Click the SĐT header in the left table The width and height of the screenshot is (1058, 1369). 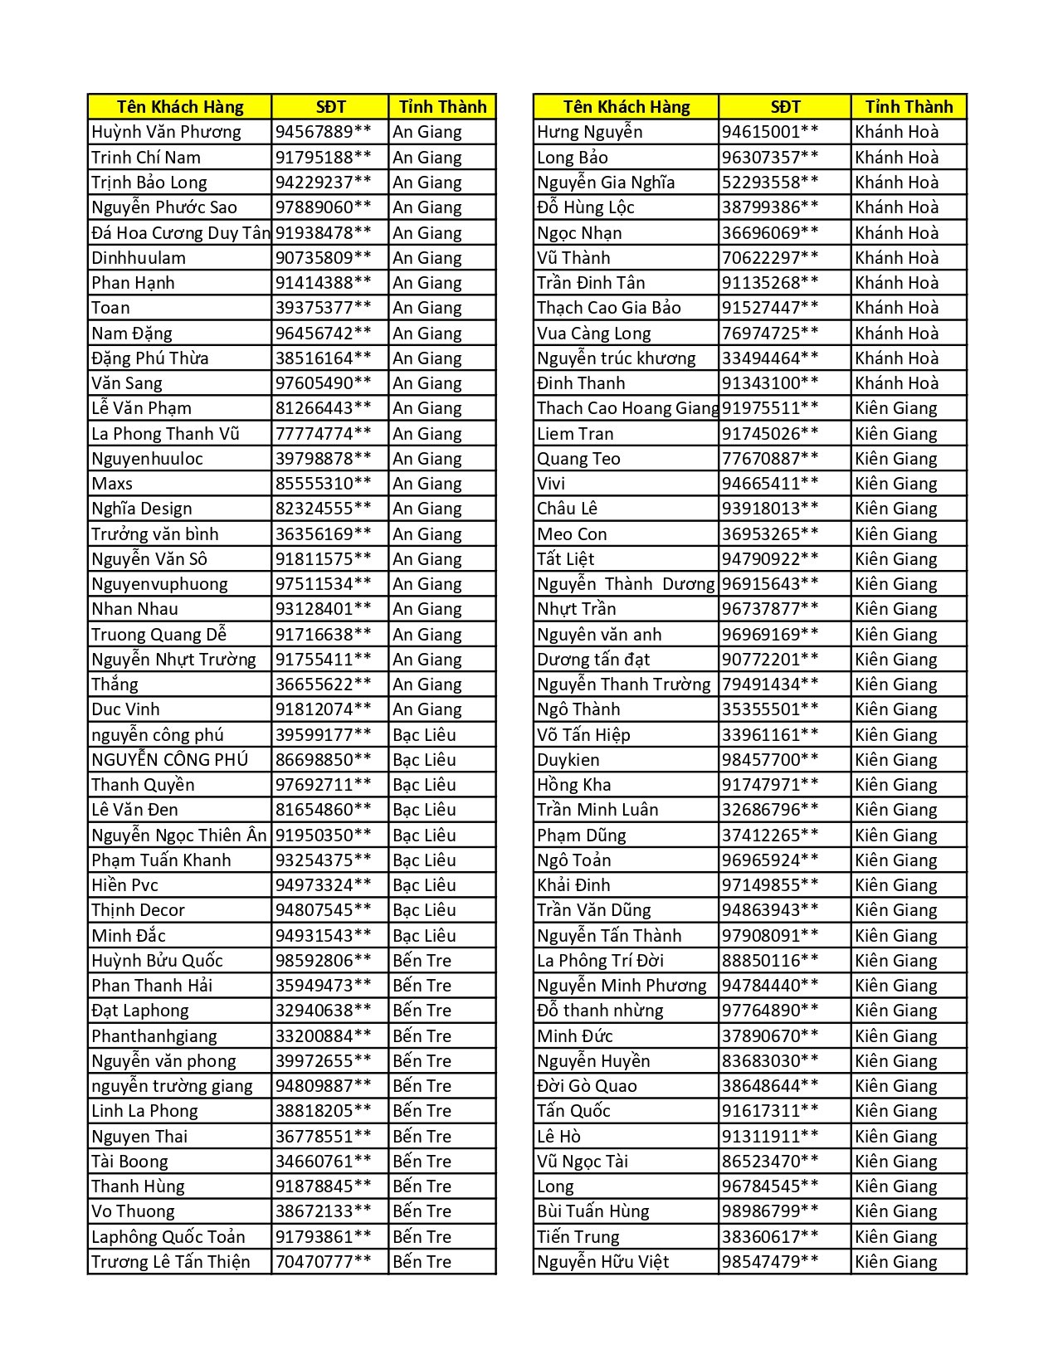coord(330,106)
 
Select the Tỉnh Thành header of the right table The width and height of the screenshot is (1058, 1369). coord(909,106)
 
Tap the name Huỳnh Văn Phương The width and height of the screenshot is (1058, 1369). coord(166,132)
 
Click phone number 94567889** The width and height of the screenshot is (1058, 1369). coord(323,132)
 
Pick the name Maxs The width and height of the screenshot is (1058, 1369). coord(112,484)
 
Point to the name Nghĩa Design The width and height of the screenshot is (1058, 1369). coord(142,509)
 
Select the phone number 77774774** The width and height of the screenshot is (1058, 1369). coord(323,433)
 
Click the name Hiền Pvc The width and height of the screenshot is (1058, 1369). coord(124,885)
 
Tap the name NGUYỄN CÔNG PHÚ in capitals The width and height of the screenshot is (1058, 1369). coord(169,759)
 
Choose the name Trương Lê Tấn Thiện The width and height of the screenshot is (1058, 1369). coord(171,1262)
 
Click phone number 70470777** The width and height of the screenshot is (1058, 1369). coord(323,1262)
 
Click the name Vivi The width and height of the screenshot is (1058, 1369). coord(551,484)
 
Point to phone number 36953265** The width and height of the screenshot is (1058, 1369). coord(770,533)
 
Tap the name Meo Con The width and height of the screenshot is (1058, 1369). coord(572,533)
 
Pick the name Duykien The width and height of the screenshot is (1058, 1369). coord(568,759)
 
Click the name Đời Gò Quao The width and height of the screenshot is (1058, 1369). coord(587,1086)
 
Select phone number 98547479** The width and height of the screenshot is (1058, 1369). coord(770,1262)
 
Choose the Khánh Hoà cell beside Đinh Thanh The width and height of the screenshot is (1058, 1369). coord(897,383)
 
